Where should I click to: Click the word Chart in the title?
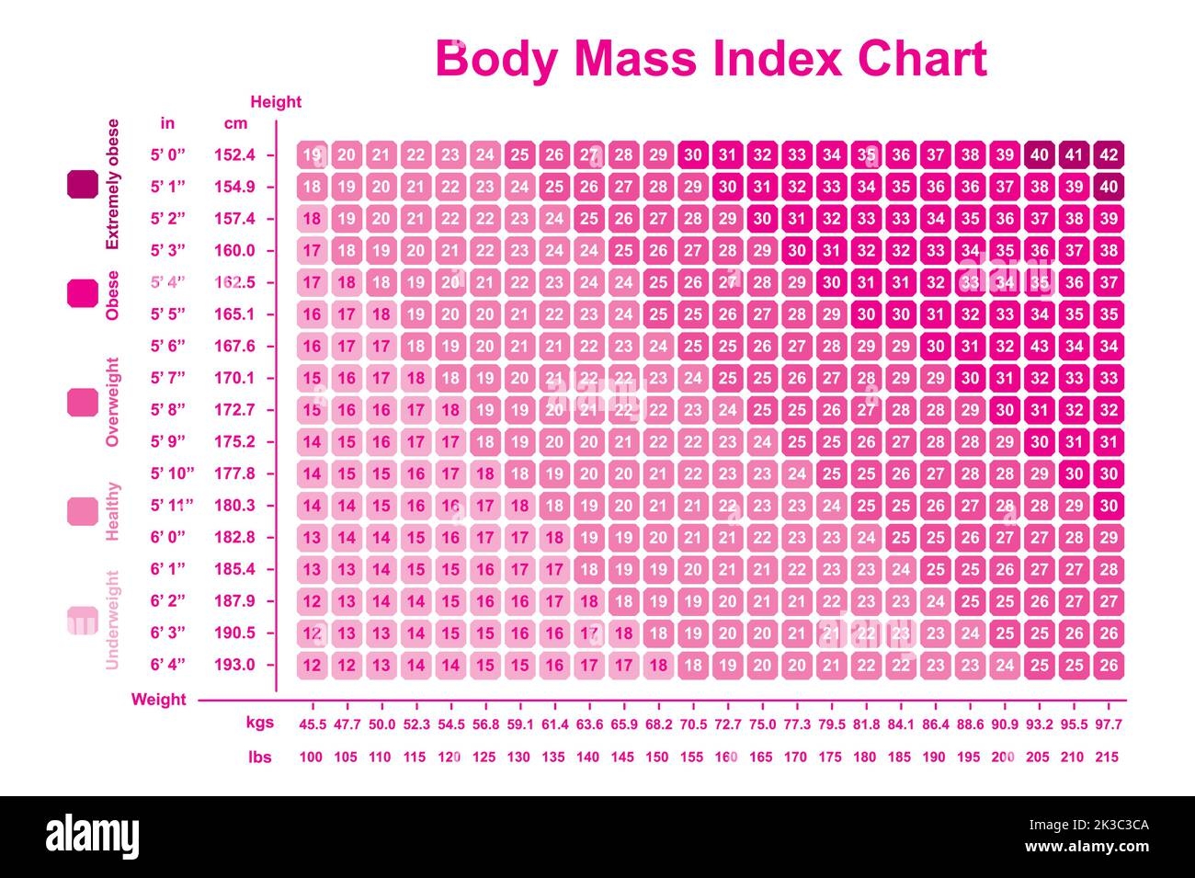tap(922, 58)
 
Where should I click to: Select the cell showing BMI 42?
tap(1109, 154)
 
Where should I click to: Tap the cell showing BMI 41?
tap(1074, 154)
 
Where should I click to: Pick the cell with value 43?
tap(1039, 347)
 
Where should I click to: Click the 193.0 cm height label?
tap(234, 665)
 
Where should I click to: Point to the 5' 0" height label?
tap(168, 154)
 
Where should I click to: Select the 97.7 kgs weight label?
tap(1109, 724)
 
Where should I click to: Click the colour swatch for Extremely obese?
tap(82, 185)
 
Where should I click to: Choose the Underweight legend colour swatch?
tap(82, 620)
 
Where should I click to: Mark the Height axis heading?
tap(276, 102)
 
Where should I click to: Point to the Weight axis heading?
tap(158, 700)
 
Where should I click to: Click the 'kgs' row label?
tap(260, 724)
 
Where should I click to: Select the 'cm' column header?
tap(235, 123)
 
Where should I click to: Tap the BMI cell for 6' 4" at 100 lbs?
tap(313, 665)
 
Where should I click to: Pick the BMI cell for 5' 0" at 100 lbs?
tap(313, 154)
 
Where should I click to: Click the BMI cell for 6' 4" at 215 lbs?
tap(1109, 665)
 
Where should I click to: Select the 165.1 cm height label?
tap(234, 314)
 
